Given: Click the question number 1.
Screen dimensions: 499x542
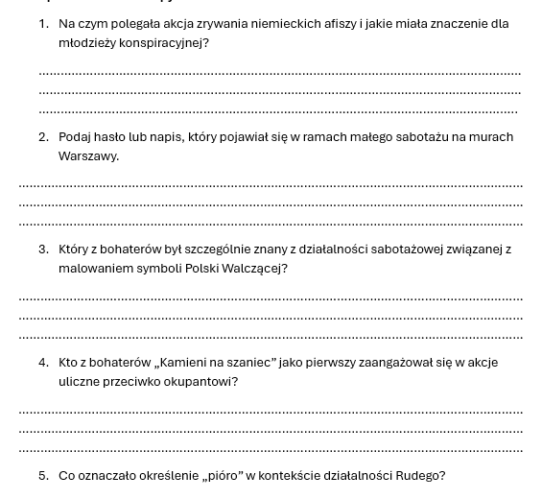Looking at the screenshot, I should click(43, 24).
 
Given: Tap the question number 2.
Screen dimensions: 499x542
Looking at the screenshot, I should click(43, 137).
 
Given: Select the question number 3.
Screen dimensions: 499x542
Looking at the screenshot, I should click(43, 249).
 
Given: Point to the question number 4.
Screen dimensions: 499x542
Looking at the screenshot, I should click(43, 363).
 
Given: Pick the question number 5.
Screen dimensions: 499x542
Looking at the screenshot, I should click(43, 476).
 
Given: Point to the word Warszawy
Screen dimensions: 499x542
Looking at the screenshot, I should click(88, 156).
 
